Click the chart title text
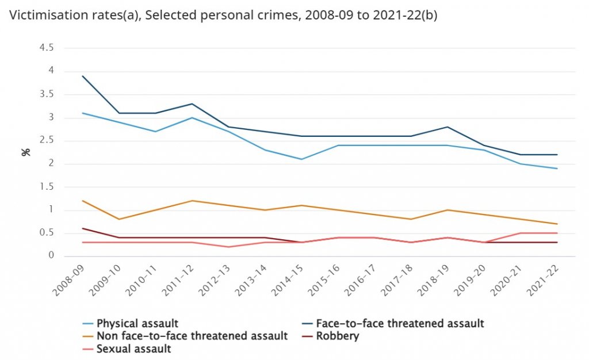tap(224, 16)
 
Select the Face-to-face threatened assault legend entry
tap(400, 323)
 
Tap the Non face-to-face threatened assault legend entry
tap(192, 336)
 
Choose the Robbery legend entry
tap(337, 336)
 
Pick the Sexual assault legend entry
tap(134, 348)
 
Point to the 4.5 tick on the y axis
tap(46, 48)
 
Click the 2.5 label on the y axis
tap(46, 141)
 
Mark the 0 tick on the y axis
tap(51, 256)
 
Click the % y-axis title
tap(25, 152)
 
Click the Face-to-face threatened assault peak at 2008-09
tap(82, 76)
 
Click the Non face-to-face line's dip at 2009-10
tap(119, 219)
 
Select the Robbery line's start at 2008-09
tap(82, 228)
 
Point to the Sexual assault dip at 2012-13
tap(229, 247)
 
